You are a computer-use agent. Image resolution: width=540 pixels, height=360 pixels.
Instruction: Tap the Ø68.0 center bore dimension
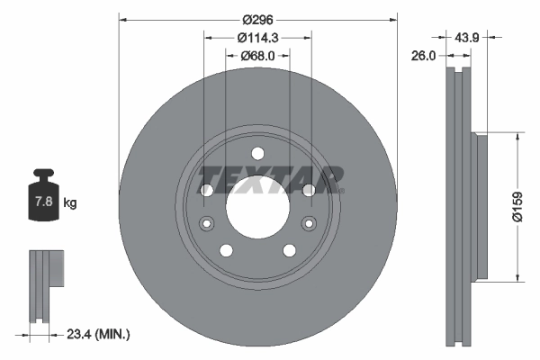pos(256,56)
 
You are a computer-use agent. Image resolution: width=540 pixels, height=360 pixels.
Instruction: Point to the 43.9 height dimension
pos(466,38)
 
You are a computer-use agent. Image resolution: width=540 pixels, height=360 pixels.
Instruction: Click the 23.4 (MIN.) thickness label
pos(99,334)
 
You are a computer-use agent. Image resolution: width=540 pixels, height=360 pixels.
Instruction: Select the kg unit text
pos(69,203)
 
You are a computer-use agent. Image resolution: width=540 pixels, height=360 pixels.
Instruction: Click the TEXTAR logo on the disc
pos(270,178)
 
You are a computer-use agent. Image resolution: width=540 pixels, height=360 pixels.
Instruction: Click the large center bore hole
pos(256,206)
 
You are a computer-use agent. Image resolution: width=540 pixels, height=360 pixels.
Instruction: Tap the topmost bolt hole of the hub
pos(256,152)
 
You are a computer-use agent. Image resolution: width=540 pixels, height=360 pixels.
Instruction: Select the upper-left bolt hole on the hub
pos(206,190)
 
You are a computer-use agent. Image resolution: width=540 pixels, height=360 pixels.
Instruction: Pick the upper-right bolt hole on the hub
pos(308,190)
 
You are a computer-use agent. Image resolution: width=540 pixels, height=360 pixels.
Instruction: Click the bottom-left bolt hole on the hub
pos(225,250)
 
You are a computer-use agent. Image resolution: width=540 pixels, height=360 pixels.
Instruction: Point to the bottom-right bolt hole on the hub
pos(289,250)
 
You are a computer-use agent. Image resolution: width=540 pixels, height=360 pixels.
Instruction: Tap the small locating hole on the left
pos(206,223)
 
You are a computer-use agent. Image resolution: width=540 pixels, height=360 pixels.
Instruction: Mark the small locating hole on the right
pos(308,223)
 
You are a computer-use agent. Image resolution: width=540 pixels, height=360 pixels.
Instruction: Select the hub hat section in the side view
pos(480,207)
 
